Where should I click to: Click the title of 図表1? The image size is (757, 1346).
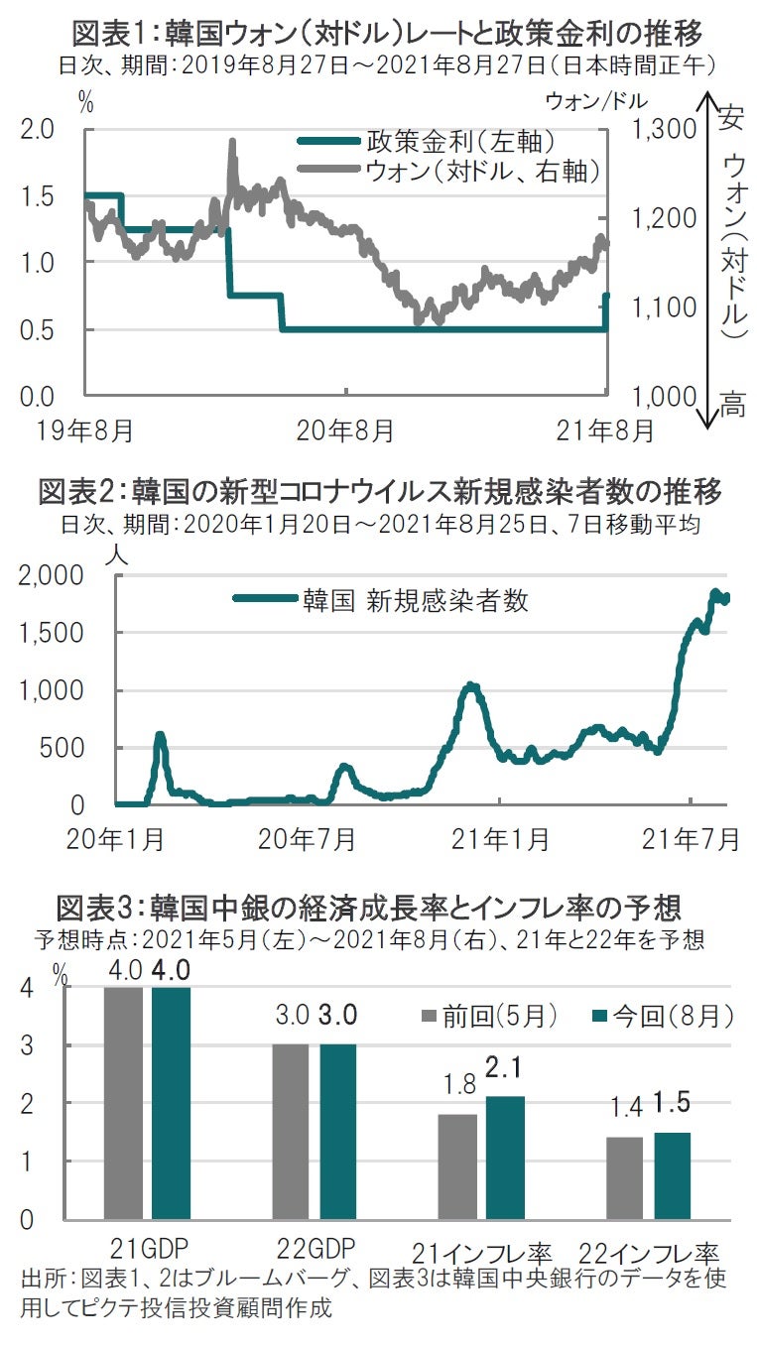point(387,34)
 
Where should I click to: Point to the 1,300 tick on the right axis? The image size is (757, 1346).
point(663,130)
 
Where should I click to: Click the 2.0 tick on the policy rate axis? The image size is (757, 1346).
point(39,130)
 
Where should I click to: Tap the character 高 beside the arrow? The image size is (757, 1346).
point(732,405)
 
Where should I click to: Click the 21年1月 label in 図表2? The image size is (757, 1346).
point(500,839)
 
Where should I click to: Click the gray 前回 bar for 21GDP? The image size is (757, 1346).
point(123,1102)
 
